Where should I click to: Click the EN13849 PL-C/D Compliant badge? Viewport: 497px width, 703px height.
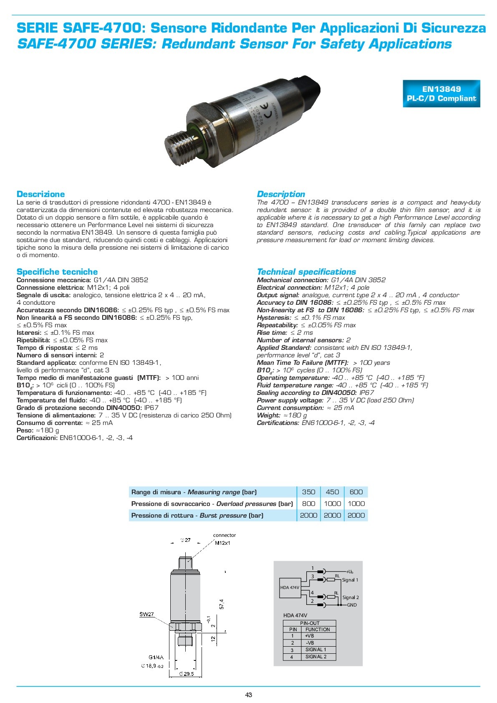coord(441,94)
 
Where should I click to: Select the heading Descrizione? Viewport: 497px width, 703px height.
coord(40,194)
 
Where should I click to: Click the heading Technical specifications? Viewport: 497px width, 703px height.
coord(306,272)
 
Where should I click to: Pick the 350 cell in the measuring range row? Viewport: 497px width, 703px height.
coord(308,492)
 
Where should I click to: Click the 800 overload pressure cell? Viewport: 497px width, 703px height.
coord(308,503)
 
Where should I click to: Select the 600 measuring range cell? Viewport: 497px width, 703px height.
coord(356,492)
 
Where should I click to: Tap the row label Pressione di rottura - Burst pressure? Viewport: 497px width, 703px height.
coord(197,515)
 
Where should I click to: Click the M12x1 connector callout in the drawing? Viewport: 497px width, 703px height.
coord(222,543)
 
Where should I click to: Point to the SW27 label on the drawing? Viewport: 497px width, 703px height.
coord(146,614)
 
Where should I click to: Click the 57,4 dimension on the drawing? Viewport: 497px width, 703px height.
coord(222,604)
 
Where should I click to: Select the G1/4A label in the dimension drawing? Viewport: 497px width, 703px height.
coord(156,657)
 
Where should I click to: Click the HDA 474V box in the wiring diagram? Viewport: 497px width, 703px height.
coord(290,587)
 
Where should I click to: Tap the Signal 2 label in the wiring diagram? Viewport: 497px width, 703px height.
coord(351,597)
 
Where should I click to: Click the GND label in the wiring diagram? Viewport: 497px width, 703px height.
coord(352,605)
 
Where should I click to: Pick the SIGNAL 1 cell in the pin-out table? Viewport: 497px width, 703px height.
coord(315,650)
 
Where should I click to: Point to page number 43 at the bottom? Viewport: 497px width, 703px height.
coord(249,695)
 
